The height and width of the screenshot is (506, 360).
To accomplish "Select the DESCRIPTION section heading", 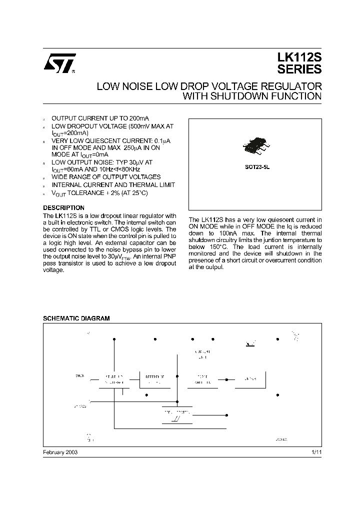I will tap(63, 207).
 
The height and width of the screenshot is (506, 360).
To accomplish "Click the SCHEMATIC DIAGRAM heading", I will tap(76, 318).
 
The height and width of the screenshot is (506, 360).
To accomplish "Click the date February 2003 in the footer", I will tap(60, 451).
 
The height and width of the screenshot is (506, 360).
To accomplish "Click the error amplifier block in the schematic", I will tap(202, 379).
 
